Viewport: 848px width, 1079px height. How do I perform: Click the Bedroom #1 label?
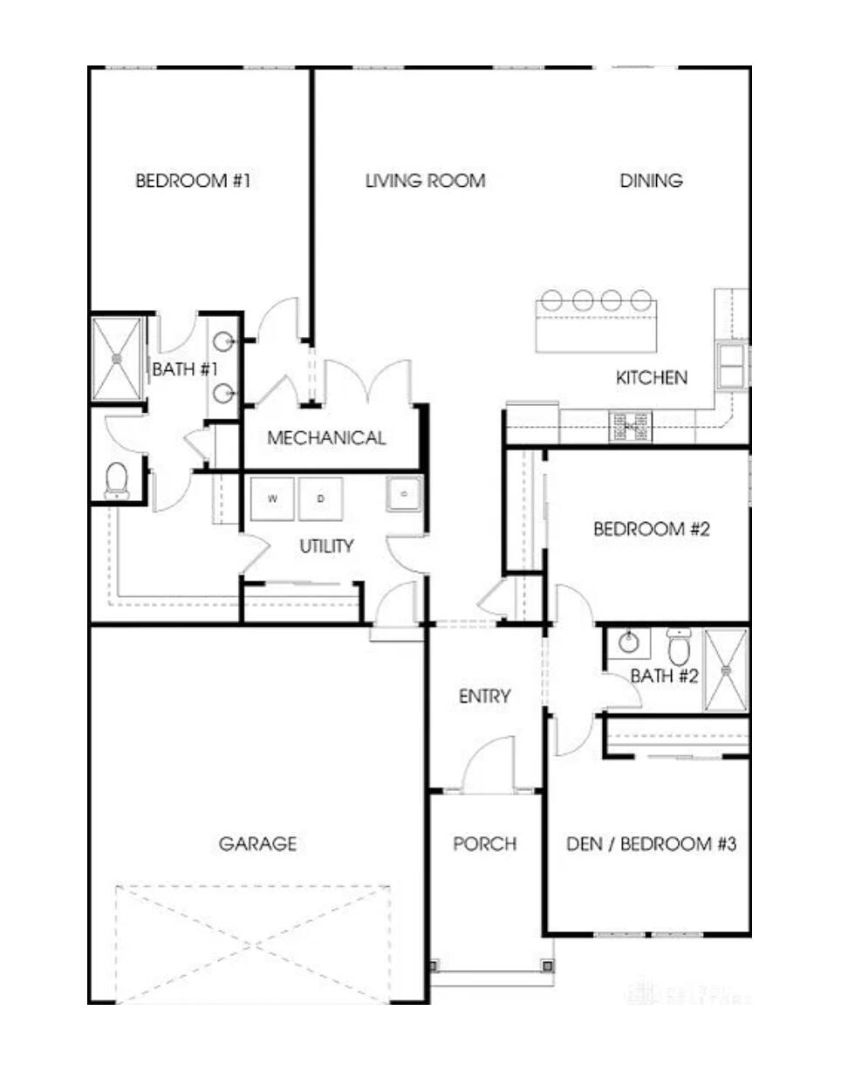pos(193,181)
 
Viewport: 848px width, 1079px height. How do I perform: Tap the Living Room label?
pos(425,181)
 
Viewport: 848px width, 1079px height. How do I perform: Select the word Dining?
pos(651,181)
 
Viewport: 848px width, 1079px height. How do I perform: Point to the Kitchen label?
pos(652,378)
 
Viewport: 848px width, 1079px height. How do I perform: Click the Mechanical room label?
pos(326,438)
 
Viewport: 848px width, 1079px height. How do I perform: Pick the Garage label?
pos(257,844)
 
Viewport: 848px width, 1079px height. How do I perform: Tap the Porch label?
pos(485,844)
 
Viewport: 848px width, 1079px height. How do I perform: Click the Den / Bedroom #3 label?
pos(651,844)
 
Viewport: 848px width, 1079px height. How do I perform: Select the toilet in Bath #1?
pos(117,482)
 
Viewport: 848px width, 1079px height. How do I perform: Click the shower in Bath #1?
pos(117,358)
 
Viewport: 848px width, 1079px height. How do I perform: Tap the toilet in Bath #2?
pos(679,646)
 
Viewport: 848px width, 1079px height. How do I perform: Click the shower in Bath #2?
pos(726,670)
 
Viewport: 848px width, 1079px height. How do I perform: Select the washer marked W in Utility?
pos(273,499)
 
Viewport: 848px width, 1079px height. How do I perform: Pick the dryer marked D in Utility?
pos(320,499)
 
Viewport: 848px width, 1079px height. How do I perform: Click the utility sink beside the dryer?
pos(404,494)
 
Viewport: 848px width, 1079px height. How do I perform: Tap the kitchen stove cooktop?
pos(630,426)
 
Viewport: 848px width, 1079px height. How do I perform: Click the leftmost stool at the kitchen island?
pos(552,300)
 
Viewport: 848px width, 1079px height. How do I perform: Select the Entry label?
pos(485,697)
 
